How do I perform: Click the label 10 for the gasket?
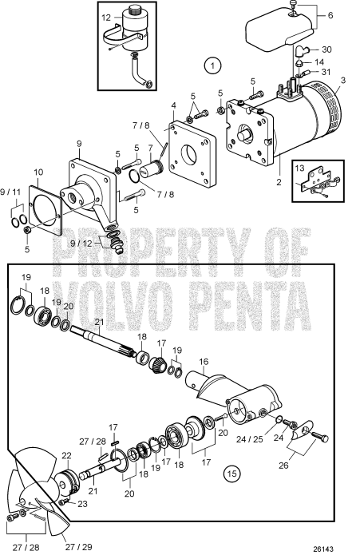(39, 172)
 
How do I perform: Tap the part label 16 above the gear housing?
(204, 362)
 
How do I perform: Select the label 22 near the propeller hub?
(67, 455)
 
